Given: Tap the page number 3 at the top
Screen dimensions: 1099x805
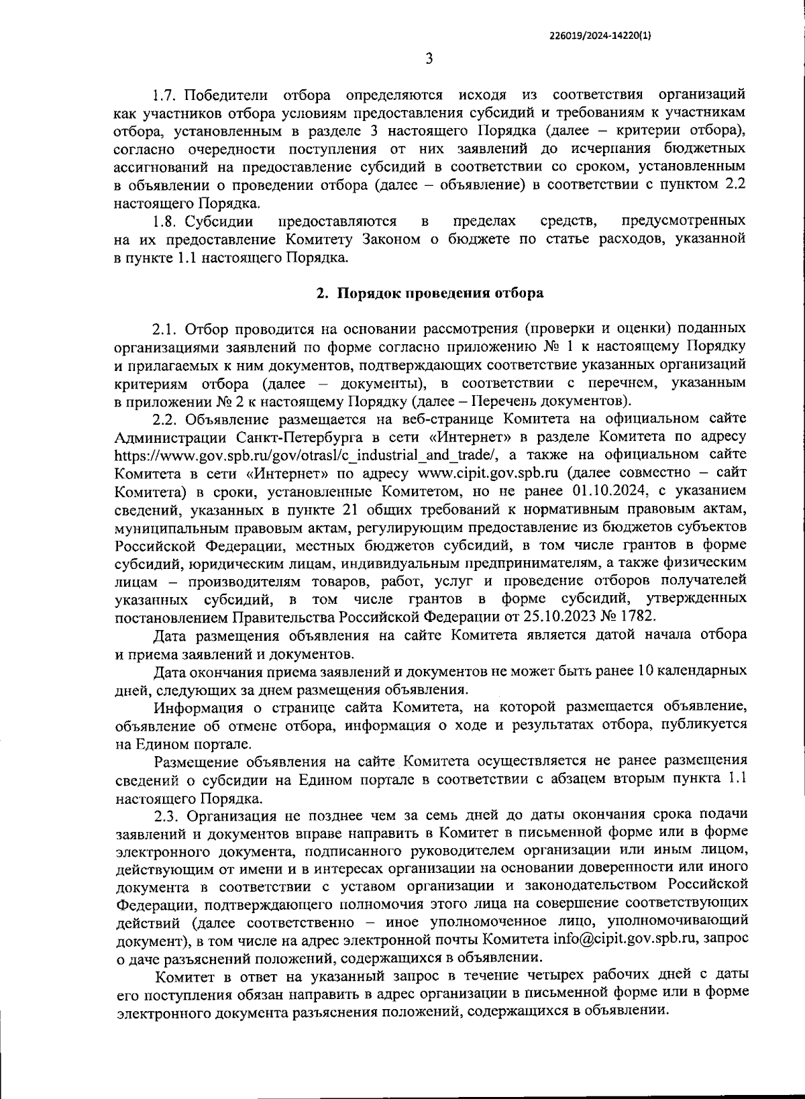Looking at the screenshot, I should click(x=429, y=59).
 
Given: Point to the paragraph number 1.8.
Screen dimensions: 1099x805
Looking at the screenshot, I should click(x=166, y=221).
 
